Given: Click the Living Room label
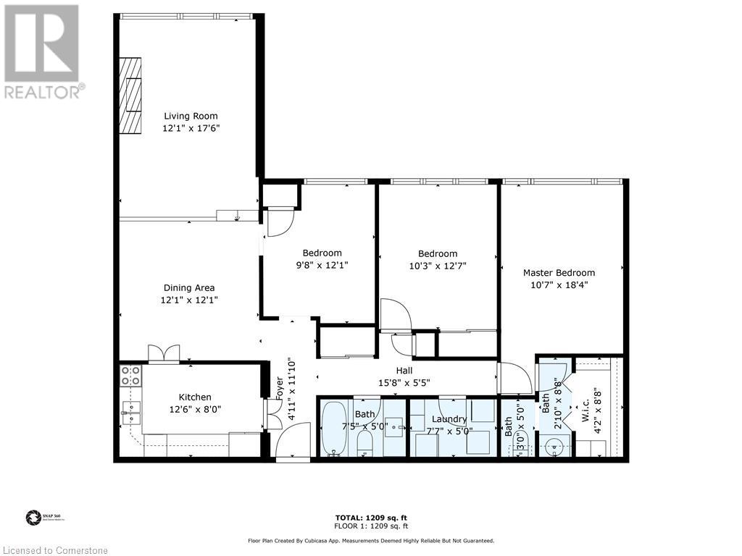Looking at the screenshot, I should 191,116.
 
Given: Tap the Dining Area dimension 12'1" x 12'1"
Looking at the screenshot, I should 189,300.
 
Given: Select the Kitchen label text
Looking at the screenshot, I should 195,397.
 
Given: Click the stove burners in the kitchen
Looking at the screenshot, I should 130,375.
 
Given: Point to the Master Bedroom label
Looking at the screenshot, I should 559,273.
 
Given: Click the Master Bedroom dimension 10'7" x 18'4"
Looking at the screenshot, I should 559,285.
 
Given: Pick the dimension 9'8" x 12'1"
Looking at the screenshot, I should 322,265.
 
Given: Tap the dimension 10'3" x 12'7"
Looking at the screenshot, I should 438,266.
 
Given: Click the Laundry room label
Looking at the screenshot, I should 449,419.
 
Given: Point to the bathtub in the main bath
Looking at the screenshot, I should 334,429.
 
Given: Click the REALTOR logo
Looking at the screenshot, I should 42,51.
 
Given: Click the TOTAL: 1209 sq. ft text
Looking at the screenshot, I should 370,518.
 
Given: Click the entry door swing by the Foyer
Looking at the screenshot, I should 293,442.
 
